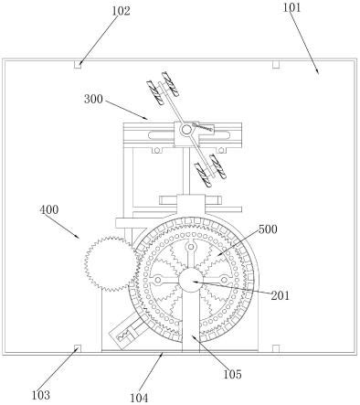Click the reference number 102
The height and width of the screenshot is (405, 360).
(x=122, y=11)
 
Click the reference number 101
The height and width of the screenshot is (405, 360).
(x=291, y=7)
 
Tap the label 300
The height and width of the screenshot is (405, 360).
(x=93, y=99)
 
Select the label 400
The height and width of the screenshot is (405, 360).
(x=49, y=209)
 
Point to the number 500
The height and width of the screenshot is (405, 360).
(x=268, y=229)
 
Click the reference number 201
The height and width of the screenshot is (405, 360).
(x=281, y=295)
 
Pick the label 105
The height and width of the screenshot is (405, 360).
(x=232, y=374)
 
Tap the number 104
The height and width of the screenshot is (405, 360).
(x=139, y=398)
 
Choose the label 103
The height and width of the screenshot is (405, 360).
(x=40, y=395)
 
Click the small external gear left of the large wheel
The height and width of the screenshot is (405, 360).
(x=111, y=264)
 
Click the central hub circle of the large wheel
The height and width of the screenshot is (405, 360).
(x=191, y=280)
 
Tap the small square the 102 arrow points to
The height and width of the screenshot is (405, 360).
(x=78, y=65)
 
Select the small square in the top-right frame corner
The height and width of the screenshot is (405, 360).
(x=276, y=65)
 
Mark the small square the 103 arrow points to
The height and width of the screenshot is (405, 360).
(x=78, y=348)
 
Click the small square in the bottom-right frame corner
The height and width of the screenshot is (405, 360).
(x=276, y=348)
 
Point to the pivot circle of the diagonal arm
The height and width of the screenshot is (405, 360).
(x=185, y=130)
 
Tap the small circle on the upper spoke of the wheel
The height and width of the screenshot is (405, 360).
(x=191, y=247)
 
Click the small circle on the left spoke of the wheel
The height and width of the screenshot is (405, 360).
(x=158, y=280)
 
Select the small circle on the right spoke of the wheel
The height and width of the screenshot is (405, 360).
(x=224, y=280)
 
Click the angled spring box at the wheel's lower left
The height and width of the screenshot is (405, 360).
(x=127, y=332)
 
